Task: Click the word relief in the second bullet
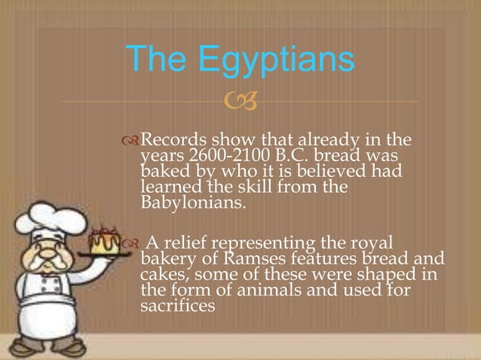[191, 243]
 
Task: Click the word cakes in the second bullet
[161, 276]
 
